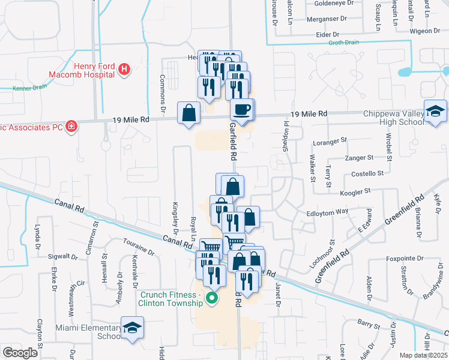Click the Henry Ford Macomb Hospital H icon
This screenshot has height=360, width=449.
tap(124, 70)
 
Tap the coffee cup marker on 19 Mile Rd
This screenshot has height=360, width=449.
tap(242, 110)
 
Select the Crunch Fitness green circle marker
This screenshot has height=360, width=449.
tap(211, 298)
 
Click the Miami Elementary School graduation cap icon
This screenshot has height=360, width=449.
tap(132, 328)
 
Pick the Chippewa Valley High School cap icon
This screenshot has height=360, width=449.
tap(435, 111)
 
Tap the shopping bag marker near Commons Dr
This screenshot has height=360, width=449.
tap(189, 112)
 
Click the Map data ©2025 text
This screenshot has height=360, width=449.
tap(423, 355)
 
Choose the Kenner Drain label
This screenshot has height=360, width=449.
tap(29, 88)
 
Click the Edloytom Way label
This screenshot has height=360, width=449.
tap(327, 212)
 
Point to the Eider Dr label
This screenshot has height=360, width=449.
tap(328, 35)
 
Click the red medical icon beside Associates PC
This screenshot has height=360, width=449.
tap(71, 126)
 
